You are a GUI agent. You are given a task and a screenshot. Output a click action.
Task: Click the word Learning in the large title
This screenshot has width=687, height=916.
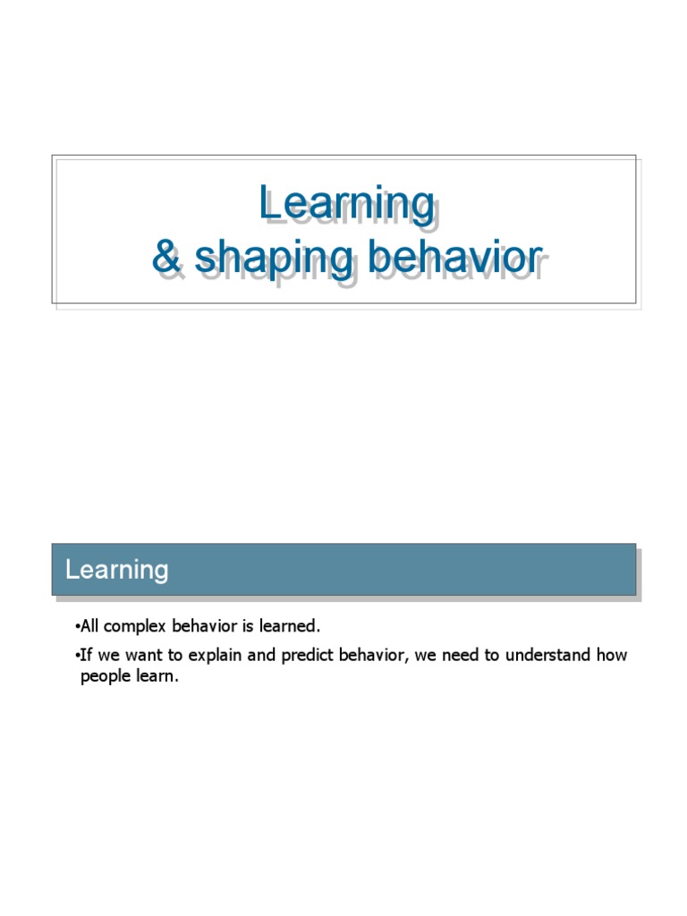click(347, 205)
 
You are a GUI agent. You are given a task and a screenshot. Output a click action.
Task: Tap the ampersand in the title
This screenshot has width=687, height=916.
click(166, 257)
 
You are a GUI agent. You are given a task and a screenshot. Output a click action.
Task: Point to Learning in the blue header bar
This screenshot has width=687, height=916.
click(117, 570)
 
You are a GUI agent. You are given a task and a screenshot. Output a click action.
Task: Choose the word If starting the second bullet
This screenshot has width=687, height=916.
click(87, 655)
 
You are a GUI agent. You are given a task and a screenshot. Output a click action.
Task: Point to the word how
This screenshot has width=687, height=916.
click(613, 655)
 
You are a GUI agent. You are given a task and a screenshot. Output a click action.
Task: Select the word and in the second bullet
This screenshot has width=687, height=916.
click(260, 655)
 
